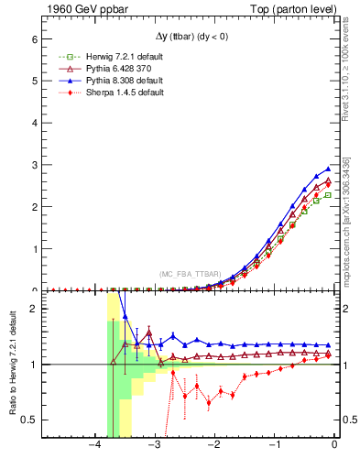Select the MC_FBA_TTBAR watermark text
(190, 274)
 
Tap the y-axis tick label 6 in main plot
(34, 39)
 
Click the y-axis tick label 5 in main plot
(34, 81)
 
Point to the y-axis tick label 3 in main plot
(34, 165)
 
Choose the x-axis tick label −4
(94, 445)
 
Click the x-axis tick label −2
(214, 445)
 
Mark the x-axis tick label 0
(334, 445)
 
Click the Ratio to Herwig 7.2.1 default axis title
(12, 365)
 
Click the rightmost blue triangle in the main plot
(328, 169)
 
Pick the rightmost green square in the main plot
(328, 194)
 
